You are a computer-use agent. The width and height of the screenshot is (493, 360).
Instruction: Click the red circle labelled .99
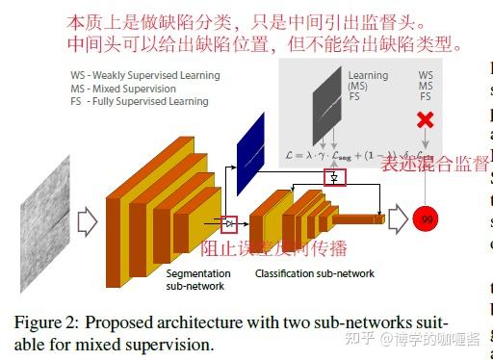[x=427, y=219]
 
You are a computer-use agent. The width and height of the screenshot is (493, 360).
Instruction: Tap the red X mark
[x=426, y=120]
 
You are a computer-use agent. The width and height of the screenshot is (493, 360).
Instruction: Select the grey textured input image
[x=44, y=223]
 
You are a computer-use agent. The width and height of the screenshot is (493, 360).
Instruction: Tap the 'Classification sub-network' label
[x=315, y=273]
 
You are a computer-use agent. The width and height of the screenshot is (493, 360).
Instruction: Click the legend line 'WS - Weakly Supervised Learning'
[x=144, y=75]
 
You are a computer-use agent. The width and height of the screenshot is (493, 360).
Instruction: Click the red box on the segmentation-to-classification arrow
[x=229, y=224]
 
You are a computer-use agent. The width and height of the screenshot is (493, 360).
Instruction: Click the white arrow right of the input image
[x=88, y=223]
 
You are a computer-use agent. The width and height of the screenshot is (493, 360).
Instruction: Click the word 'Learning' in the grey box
[x=368, y=76]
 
